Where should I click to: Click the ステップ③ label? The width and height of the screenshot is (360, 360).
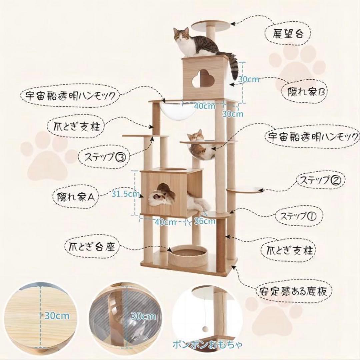point(103,156)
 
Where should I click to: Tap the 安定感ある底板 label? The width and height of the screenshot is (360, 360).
point(295,291)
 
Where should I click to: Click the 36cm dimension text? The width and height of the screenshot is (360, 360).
point(205,221)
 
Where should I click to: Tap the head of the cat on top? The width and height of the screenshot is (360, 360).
point(181,34)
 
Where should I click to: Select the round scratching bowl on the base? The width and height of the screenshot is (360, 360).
point(188,255)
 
